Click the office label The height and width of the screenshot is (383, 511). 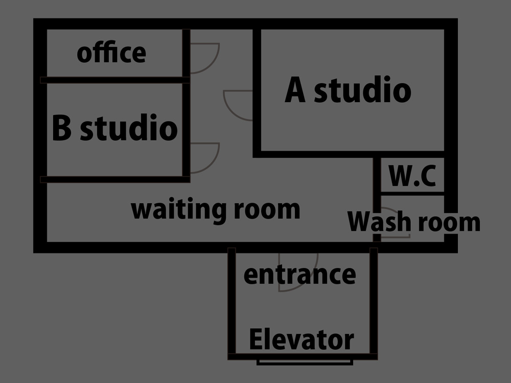coord(111,53)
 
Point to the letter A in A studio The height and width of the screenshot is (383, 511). coord(295,90)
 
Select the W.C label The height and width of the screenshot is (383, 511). coord(413,176)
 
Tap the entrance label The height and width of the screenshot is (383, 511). coord(299,275)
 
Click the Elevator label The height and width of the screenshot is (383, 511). coord(301,340)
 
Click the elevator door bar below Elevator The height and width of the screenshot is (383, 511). coord(305,362)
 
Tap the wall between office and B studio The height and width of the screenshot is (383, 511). coord(115,80)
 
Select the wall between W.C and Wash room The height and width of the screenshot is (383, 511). coord(412,193)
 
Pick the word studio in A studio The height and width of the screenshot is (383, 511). coord(362,90)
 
